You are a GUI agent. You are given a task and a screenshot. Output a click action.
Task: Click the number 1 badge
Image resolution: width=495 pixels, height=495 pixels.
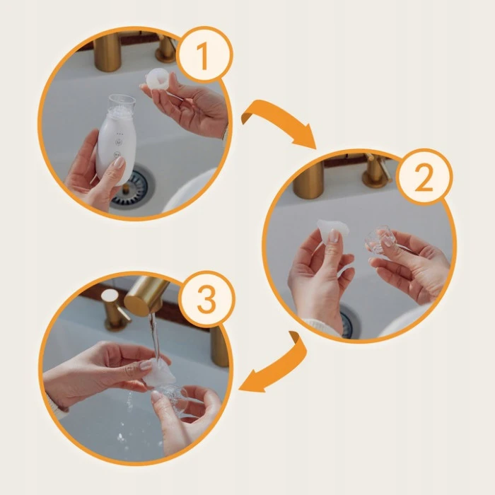(x=204, y=55)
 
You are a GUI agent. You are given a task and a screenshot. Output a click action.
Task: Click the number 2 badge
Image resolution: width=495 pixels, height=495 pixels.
(x=424, y=177)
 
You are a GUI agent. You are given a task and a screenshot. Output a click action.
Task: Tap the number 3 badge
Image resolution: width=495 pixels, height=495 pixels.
(x=206, y=299)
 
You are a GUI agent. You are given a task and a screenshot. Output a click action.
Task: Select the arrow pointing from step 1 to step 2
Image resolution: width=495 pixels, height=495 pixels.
(x=278, y=122)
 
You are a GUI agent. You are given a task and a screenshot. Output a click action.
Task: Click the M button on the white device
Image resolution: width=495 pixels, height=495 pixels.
(x=118, y=143)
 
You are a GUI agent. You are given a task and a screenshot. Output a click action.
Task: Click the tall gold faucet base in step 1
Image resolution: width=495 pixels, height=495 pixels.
(x=107, y=52)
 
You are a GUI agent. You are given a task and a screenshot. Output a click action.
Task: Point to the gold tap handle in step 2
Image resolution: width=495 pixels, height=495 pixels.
(x=375, y=172)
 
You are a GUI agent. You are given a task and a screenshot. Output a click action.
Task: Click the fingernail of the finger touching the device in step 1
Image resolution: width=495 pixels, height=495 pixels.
(x=120, y=162)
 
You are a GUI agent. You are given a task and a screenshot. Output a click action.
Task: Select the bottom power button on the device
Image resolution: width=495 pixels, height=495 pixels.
(x=117, y=155)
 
